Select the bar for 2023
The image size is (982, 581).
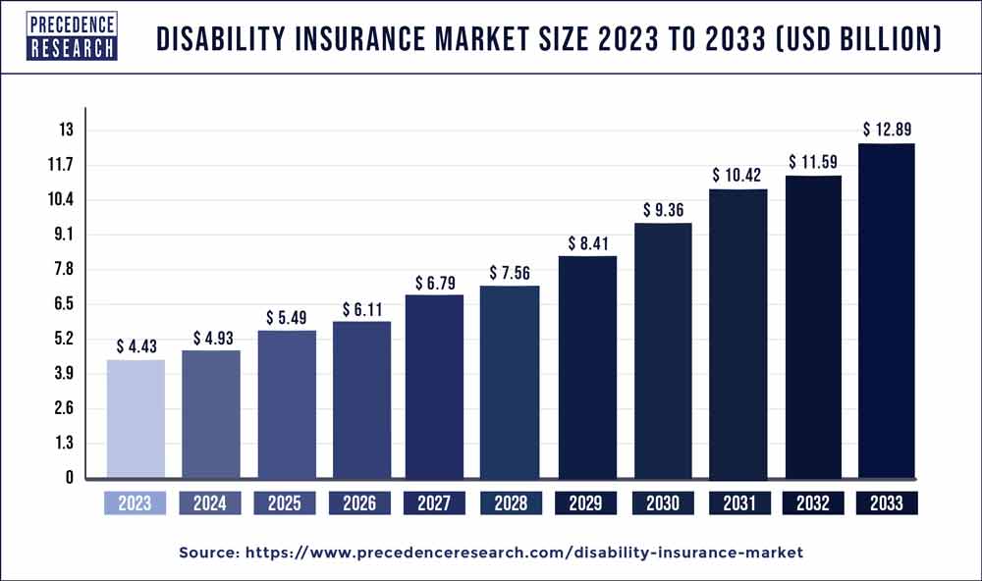136,419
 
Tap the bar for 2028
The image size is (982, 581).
511,382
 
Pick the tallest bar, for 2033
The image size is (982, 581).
887,311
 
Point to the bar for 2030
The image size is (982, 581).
662,350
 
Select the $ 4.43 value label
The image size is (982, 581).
136,345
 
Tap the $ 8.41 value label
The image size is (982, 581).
586,242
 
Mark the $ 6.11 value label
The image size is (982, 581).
360,308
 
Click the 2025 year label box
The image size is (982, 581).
286,503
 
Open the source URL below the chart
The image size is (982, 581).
491,554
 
